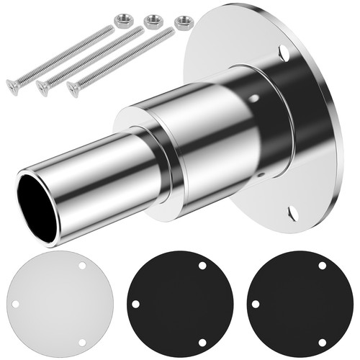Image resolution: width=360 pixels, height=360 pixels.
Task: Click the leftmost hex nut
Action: [x=123, y=15]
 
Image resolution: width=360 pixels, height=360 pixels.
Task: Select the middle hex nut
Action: [x=152, y=21]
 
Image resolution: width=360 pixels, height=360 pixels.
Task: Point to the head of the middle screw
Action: [x=43, y=87]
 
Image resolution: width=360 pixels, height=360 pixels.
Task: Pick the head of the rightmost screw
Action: [x=73, y=88]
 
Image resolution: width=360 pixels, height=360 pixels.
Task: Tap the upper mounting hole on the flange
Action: [x=284, y=53]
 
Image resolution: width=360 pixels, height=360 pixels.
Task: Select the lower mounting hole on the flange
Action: [x=292, y=213]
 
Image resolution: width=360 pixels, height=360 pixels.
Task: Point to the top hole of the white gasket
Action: [x=81, y=266]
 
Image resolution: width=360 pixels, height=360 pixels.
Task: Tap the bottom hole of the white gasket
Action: [x=81, y=341]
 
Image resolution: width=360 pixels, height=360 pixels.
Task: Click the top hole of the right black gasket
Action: [x=321, y=266]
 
